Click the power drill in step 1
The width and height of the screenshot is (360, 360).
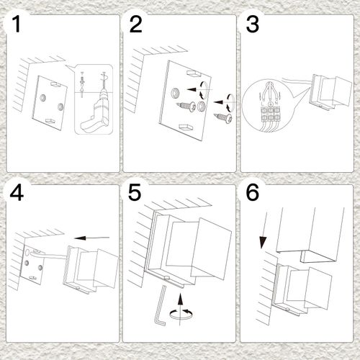92,115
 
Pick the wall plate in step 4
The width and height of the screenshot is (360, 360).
32,266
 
